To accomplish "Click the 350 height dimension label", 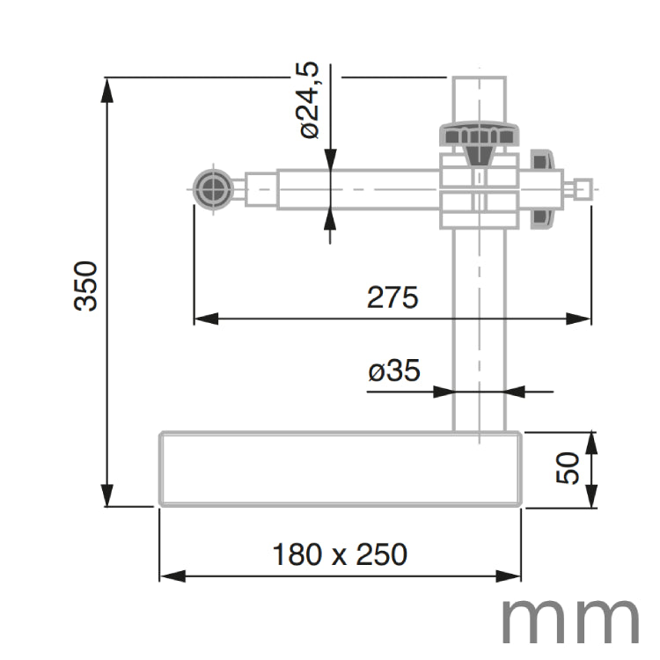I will click(x=85, y=285).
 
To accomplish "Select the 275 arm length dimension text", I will click(x=392, y=298).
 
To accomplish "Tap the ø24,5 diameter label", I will click(x=308, y=102).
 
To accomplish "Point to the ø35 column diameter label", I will click(x=393, y=371).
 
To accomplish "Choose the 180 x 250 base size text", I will click(x=340, y=554).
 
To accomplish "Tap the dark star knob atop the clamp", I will click(x=480, y=137).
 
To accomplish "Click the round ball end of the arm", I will click(x=212, y=189).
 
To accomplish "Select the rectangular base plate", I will click(x=340, y=468).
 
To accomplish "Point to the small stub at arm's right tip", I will click(x=582, y=189).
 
